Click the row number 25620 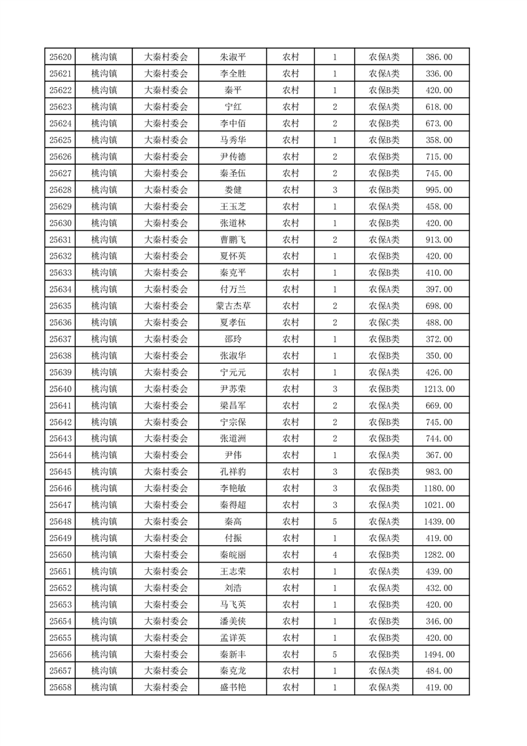tap(60, 57)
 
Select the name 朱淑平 tap(233, 57)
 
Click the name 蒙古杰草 tap(233, 306)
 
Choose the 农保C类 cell tap(384, 322)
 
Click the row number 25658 tap(60, 687)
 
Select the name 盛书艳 tap(233, 687)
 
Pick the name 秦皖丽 tap(233, 555)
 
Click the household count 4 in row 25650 tap(334, 555)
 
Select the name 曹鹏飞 tap(233, 239)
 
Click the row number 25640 tap(60, 389)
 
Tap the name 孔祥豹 tap(233, 471)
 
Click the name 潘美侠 tap(233, 621)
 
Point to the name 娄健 tap(233, 190)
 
